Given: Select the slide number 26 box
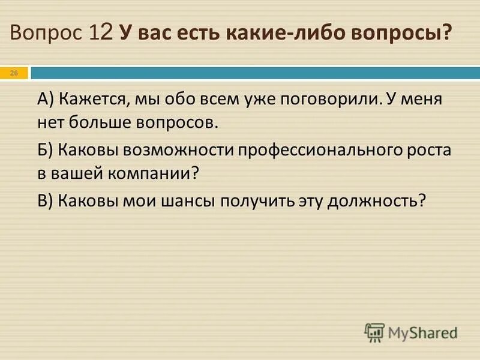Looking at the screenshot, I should [x=14, y=73].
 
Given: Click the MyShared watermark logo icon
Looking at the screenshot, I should [x=374, y=332].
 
